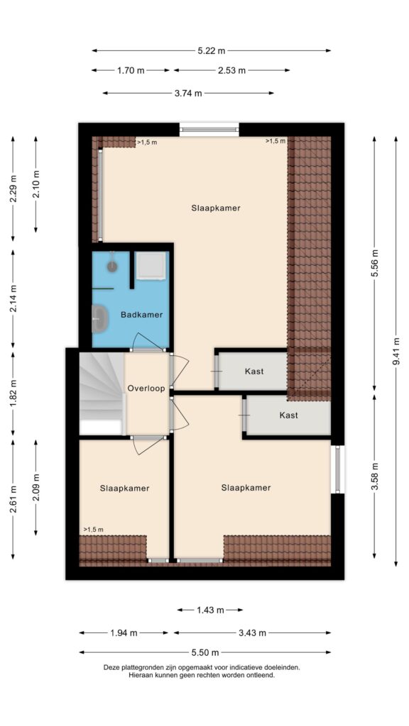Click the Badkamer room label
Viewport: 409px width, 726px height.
tap(141, 315)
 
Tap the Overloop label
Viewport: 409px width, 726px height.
tap(146, 389)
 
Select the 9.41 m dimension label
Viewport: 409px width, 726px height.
tap(396, 352)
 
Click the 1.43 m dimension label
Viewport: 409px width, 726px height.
tap(210, 610)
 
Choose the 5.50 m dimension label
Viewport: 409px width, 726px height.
tap(205, 652)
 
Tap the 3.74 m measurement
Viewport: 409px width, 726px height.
tap(188, 93)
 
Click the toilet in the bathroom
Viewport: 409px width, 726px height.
tap(99, 318)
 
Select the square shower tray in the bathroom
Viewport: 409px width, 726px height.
tap(151, 265)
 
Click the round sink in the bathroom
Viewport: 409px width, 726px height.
tap(112, 265)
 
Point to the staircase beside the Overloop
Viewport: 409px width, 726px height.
tap(102, 393)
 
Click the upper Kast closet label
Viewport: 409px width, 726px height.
tap(254, 372)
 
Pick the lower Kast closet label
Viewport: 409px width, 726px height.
tap(288, 415)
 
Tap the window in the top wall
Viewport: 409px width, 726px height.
tap(209, 130)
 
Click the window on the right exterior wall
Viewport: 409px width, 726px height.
tap(337, 469)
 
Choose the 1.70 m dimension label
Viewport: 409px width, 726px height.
tap(131, 70)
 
